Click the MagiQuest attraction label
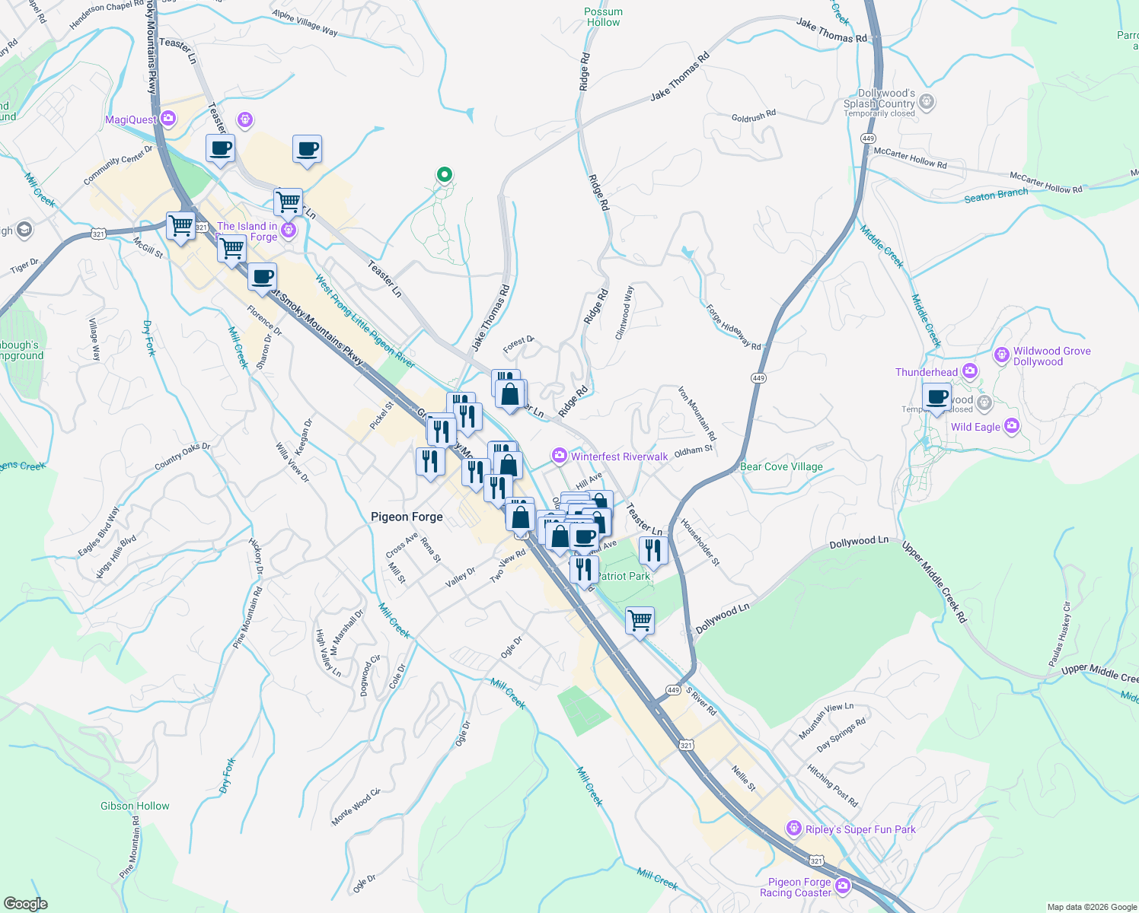[x=131, y=120]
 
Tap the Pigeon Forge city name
[x=407, y=517]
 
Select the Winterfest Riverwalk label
[x=619, y=456]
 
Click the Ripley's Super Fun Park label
[x=860, y=829]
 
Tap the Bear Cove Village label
[x=781, y=467]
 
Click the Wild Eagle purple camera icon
[x=1012, y=426]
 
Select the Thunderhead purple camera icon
[x=969, y=371]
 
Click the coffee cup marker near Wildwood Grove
[x=936, y=396]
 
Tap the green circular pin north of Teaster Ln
[x=444, y=174]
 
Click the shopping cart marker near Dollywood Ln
[x=640, y=619]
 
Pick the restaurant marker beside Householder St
[x=653, y=549]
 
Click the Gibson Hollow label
[x=135, y=806]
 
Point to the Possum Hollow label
[x=604, y=17]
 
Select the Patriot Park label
[x=624, y=577]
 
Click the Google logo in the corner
[x=25, y=904]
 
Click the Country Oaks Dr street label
[x=182, y=456]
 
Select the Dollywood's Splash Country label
[x=880, y=99]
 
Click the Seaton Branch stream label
[x=996, y=196]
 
